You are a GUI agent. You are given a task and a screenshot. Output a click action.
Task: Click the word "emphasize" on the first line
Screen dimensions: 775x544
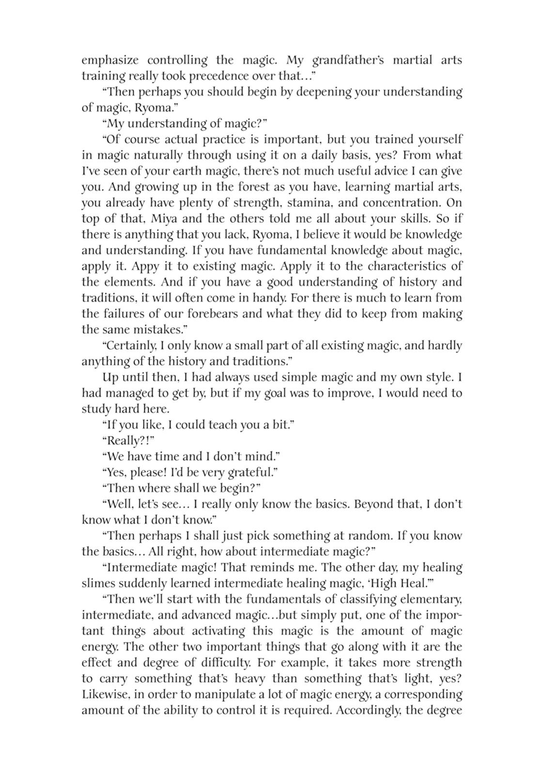(x=109, y=61)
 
